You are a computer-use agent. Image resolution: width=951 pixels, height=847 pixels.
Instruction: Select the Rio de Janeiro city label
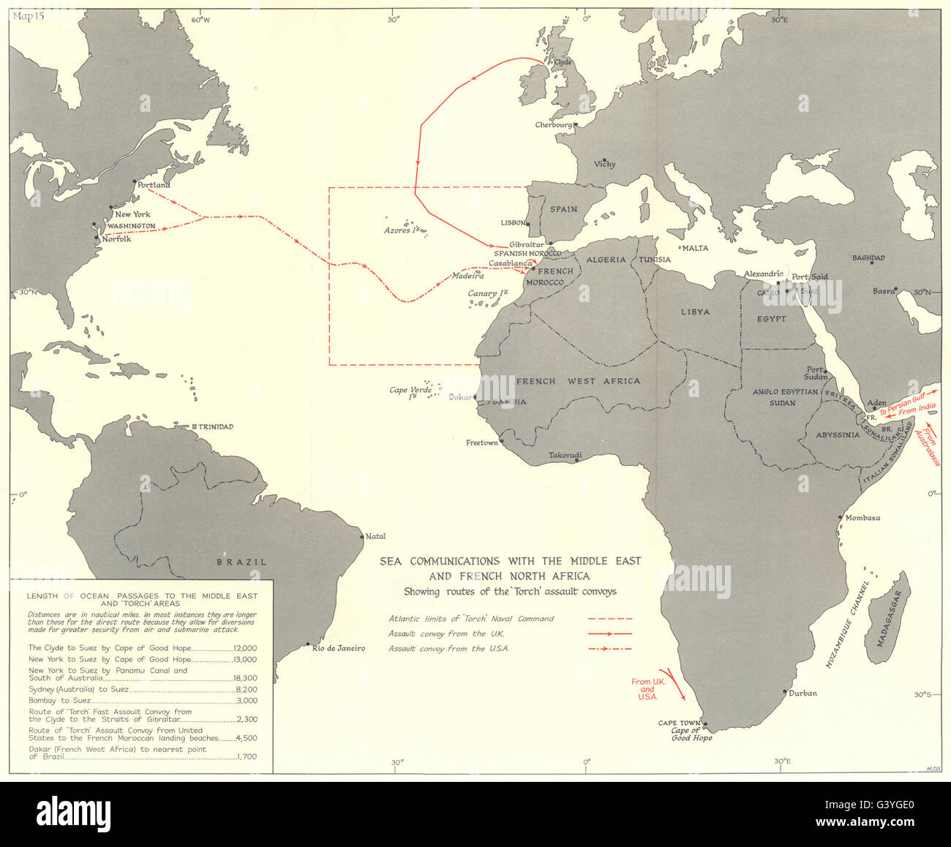(x=338, y=648)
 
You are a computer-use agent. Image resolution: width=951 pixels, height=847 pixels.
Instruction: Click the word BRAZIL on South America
(x=241, y=562)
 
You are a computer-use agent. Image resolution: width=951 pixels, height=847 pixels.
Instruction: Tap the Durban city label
(x=802, y=693)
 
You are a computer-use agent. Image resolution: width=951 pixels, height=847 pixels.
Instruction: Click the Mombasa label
(x=862, y=518)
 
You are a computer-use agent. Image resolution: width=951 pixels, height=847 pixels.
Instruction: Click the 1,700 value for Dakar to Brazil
(x=247, y=757)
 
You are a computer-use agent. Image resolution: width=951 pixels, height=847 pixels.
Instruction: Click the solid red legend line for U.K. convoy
(x=610, y=633)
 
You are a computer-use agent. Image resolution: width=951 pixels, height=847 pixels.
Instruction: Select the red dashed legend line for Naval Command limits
(x=610, y=619)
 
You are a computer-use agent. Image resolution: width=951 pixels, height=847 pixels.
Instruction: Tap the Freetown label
(x=482, y=443)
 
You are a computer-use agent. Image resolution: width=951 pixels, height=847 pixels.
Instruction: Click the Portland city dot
(x=134, y=182)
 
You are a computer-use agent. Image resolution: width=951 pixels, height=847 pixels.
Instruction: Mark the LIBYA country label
(x=695, y=312)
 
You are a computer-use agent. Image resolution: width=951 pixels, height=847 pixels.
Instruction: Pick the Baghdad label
(x=868, y=258)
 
